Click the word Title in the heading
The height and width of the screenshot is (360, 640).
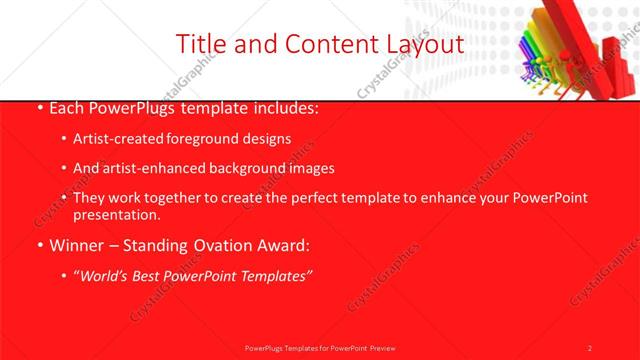tap(199, 44)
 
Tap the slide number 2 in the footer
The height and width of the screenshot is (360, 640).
tap(590, 347)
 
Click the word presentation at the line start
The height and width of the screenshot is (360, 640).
tap(116, 215)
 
